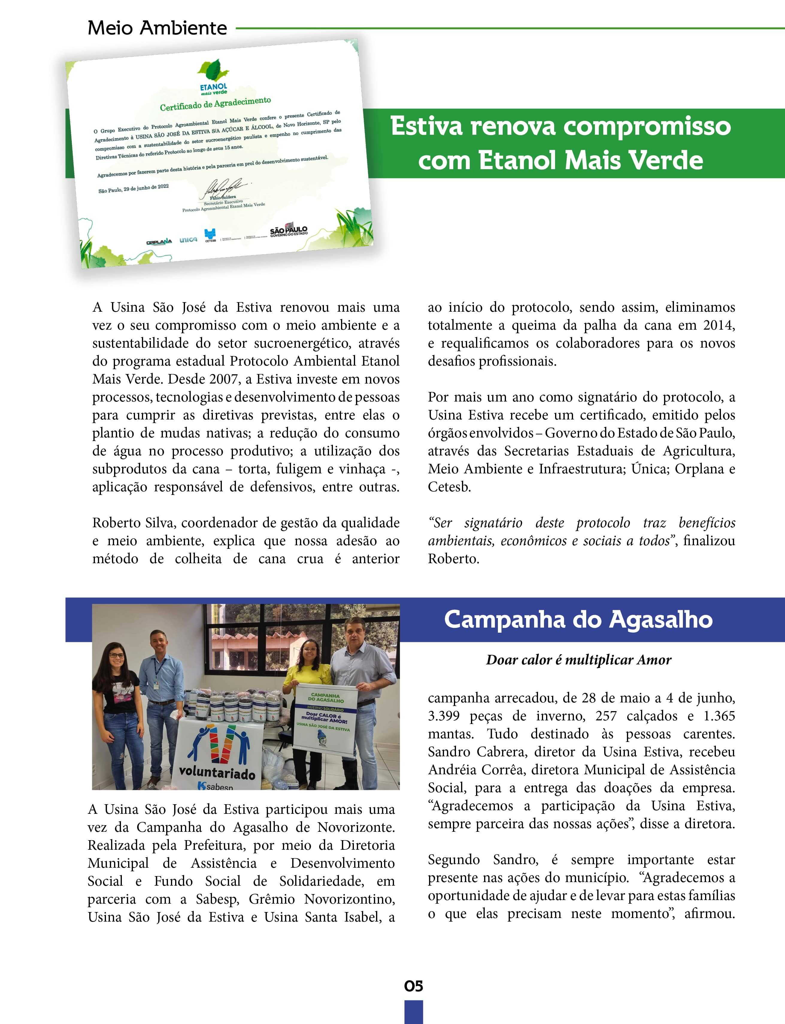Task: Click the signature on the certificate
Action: [x=224, y=187]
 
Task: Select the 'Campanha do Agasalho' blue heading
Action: [x=578, y=620]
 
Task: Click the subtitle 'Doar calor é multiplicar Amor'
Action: [x=578, y=660]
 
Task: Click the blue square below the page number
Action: [x=413, y=1012]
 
